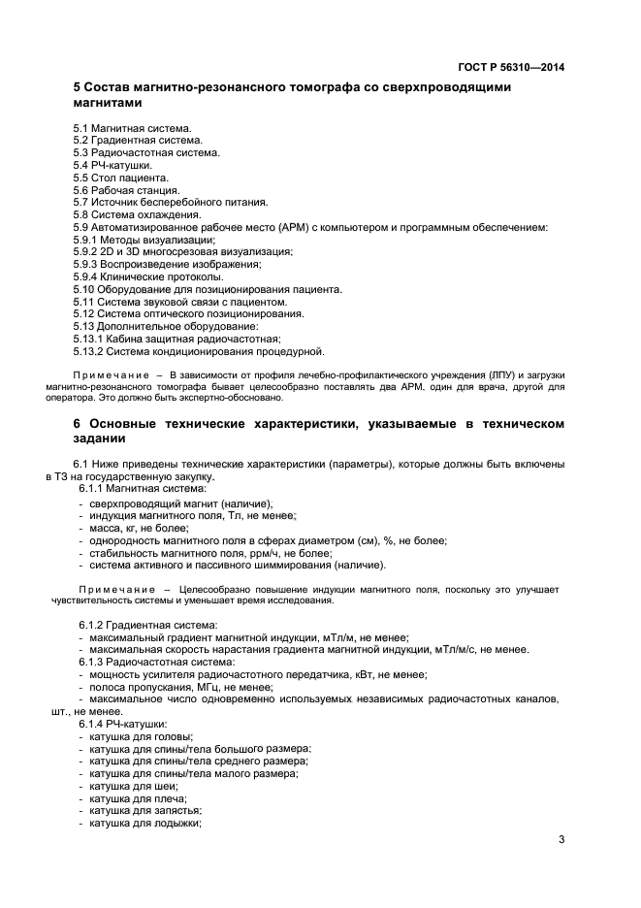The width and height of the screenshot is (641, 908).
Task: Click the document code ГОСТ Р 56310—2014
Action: [x=511, y=68]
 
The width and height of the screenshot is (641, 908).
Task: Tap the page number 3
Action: [x=561, y=840]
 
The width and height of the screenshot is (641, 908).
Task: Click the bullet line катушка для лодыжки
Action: [x=144, y=823]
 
